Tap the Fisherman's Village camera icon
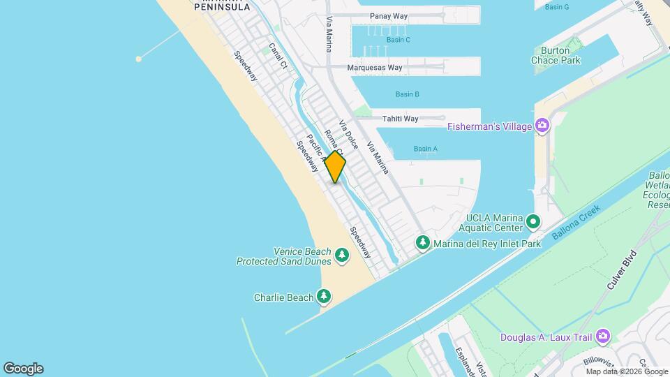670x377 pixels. (x=542, y=126)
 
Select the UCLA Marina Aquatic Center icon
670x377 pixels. (x=534, y=222)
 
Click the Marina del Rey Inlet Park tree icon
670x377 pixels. (x=422, y=243)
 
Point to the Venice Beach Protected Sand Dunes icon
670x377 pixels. (x=342, y=256)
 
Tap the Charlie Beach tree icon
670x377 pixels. (x=323, y=297)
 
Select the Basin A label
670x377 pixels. (x=425, y=149)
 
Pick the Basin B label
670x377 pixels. (x=407, y=94)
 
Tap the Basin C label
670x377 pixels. (x=398, y=40)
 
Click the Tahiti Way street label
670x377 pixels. (x=400, y=119)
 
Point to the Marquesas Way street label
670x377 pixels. (x=375, y=68)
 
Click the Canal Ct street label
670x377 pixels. (x=278, y=56)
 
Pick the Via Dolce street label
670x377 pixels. (x=348, y=134)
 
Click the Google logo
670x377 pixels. (x=23, y=369)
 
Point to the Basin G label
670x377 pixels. (x=557, y=7)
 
